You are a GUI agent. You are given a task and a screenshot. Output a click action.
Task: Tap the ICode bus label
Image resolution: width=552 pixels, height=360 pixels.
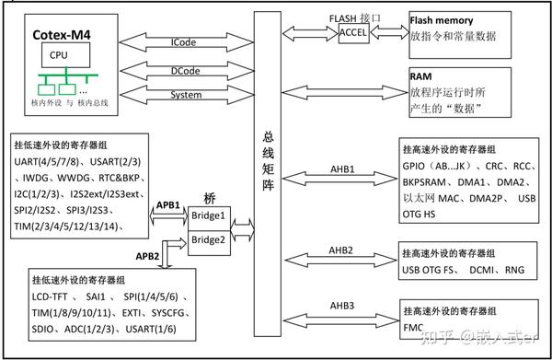[182, 42]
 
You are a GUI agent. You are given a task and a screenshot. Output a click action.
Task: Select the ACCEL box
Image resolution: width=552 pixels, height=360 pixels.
[353, 32]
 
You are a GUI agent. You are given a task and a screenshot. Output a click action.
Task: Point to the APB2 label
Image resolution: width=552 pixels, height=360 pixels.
[153, 253]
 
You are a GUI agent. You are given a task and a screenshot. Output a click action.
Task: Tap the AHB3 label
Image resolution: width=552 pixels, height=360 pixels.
[341, 305]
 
